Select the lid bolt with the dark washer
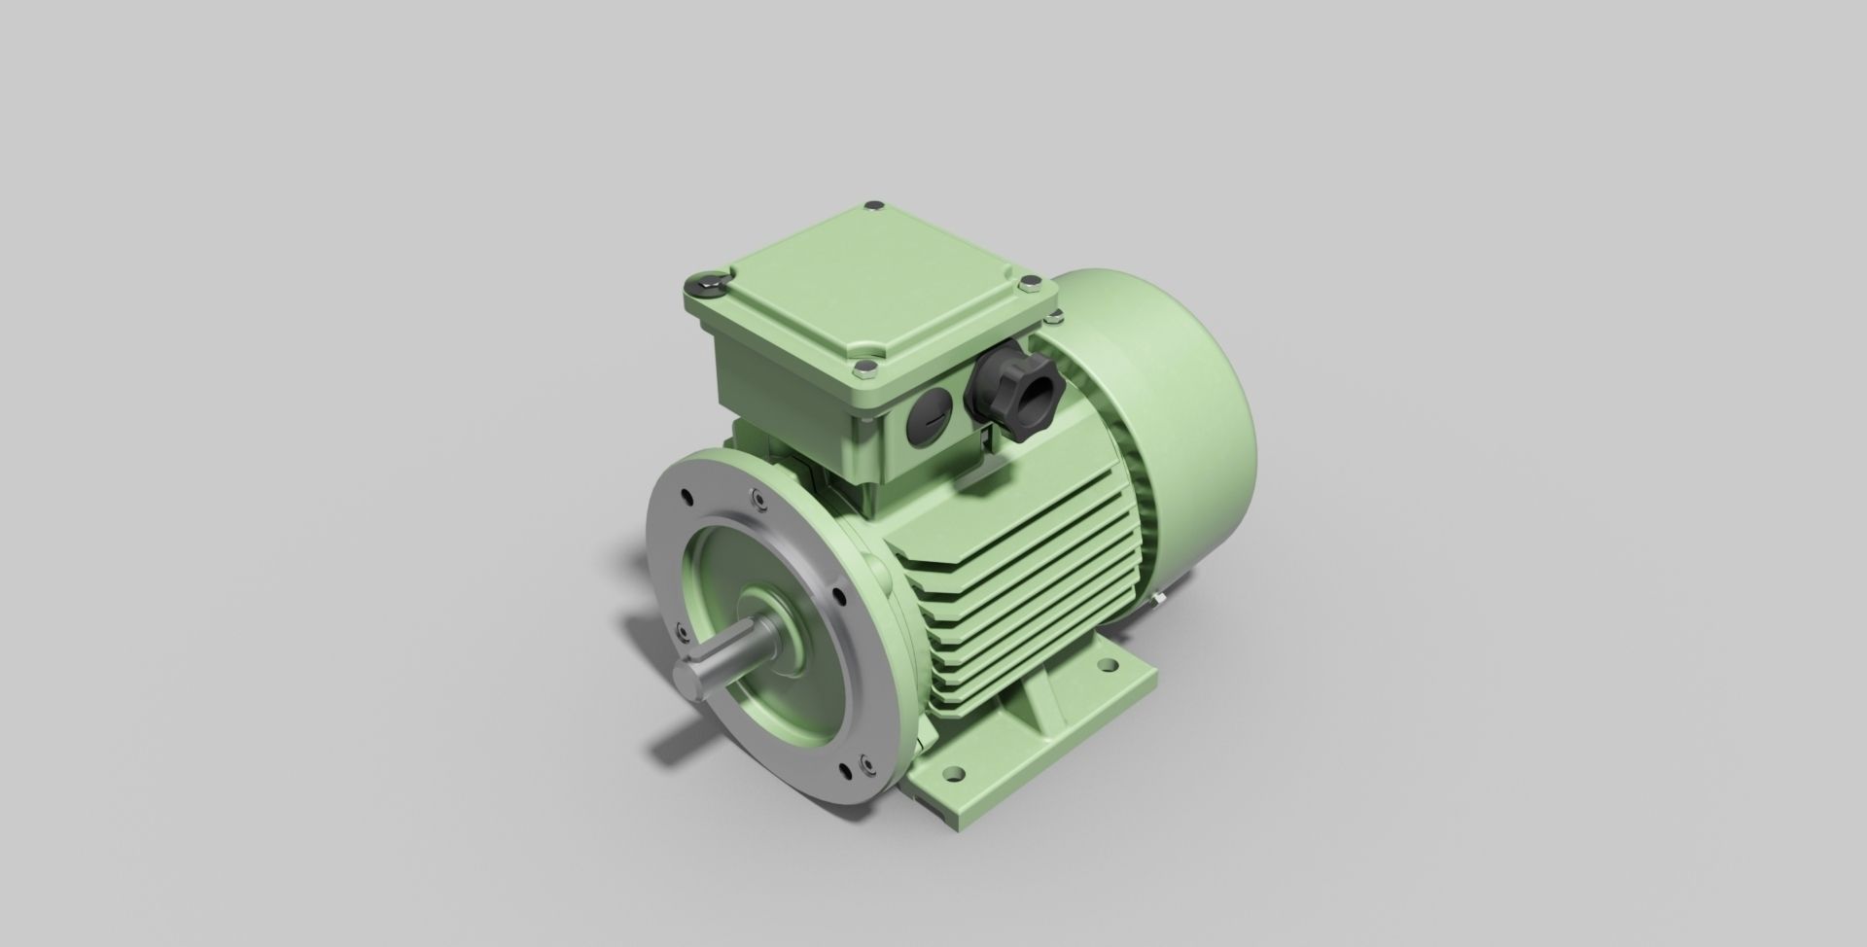tap(707, 283)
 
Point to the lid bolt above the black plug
tap(863, 367)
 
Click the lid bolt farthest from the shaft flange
tap(870, 205)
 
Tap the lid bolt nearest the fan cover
tap(1029, 284)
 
